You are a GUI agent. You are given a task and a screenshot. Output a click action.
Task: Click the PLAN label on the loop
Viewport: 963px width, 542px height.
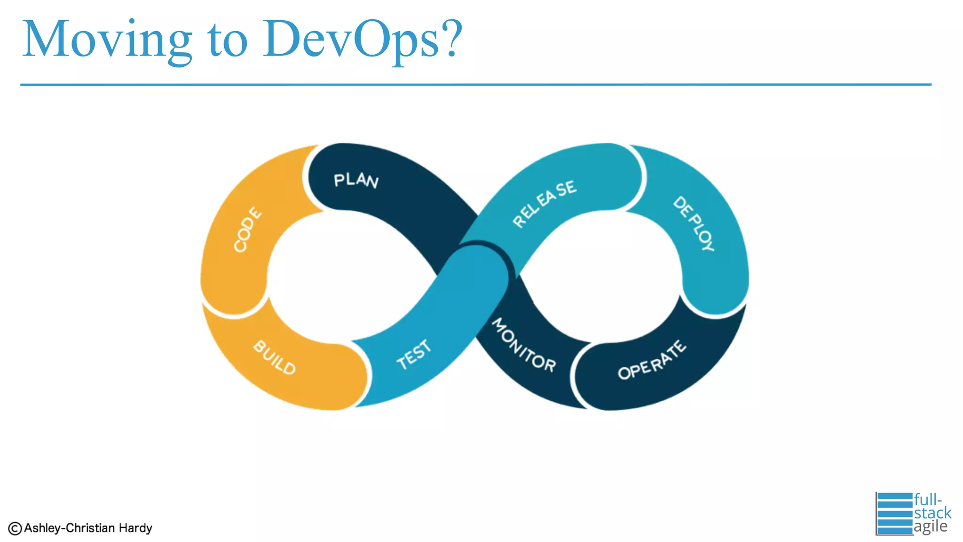[356, 180]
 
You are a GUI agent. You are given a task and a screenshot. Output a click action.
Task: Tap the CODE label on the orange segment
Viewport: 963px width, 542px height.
[248, 230]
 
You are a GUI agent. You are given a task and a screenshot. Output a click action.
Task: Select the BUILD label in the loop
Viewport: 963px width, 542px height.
[275, 358]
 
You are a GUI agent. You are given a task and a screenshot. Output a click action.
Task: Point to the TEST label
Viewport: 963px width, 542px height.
[414, 355]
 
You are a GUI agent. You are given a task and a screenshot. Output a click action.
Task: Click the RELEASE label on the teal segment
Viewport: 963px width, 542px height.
[544, 203]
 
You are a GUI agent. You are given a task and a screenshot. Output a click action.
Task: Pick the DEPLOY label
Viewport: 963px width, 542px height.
[694, 223]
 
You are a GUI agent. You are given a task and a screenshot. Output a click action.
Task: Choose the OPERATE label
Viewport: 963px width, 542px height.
[652, 360]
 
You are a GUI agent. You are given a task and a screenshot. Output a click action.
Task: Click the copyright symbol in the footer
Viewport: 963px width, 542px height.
[15, 529]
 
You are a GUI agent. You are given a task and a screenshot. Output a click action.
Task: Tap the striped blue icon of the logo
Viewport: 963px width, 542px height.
[894, 514]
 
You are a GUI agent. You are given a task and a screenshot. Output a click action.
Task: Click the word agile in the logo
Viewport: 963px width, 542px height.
[931, 526]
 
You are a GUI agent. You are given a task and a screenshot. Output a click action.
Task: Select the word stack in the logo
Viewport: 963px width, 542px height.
[932, 513]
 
